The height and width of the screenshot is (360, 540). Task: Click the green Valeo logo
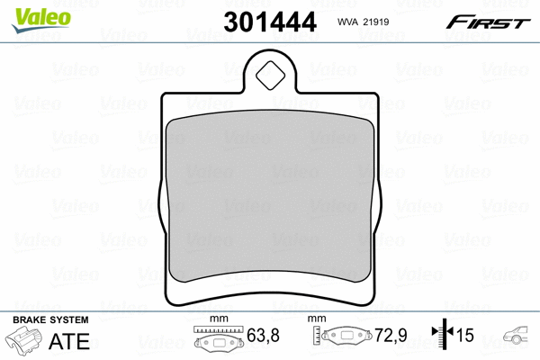point(41,20)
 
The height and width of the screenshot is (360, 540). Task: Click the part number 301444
point(270,22)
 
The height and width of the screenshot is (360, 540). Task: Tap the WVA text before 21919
point(347,22)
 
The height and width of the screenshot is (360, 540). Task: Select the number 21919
point(376,22)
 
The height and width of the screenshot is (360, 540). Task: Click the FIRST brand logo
point(488,22)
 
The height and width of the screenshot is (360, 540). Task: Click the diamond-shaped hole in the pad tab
point(270,76)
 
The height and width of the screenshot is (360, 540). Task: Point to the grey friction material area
point(270,196)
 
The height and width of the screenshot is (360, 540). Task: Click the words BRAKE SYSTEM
point(50,320)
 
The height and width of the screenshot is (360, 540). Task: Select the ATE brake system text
point(69,341)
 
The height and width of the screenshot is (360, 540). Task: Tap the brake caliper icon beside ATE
point(23,339)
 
